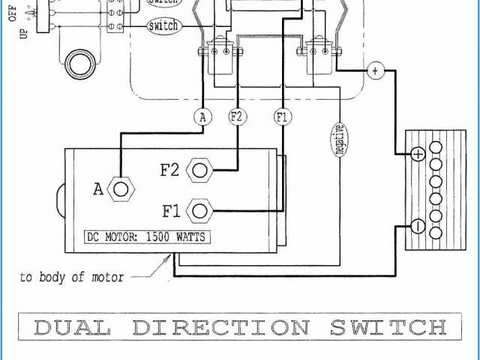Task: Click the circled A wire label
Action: pyautogui.click(x=202, y=116)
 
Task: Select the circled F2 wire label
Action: pyautogui.click(x=237, y=116)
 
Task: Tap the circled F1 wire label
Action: pyautogui.click(x=282, y=116)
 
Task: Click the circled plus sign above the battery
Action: pyautogui.click(x=375, y=71)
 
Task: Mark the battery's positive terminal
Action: pyautogui.click(x=418, y=154)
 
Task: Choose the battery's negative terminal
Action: pyautogui.click(x=418, y=226)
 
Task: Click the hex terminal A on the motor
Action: pyautogui.click(x=119, y=188)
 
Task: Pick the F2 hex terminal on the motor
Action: pyautogui.click(x=199, y=170)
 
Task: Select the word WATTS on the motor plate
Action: pyautogui.click(x=190, y=238)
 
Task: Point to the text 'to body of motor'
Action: pyautogui.click(x=72, y=277)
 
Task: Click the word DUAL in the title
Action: pyautogui.click(x=72, y=328)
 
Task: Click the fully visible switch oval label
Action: pyautogui.click(x=163, y=26)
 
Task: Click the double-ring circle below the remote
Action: pyautogui.click(x=79, y=64)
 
